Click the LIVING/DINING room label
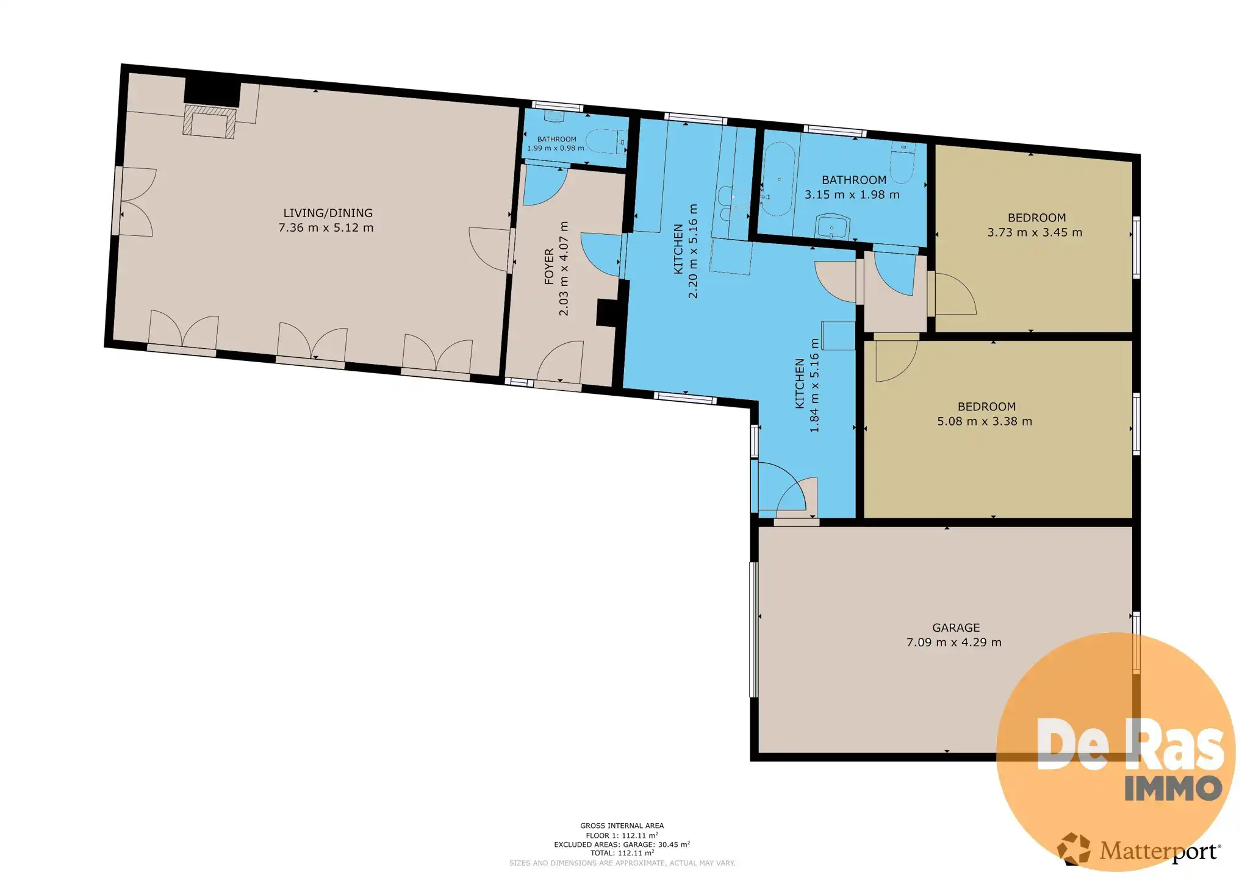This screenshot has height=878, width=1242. (328, 213)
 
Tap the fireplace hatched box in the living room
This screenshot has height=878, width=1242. (209, 121)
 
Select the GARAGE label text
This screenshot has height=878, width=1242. (956, 627)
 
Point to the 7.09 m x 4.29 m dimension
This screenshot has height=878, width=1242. (954, 642)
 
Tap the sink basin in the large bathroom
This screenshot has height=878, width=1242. (833, 226)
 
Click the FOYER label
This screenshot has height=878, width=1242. (549, 266)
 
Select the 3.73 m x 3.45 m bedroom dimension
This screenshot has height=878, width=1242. (1035, 232)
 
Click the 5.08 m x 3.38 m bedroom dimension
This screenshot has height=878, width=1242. (985, 421)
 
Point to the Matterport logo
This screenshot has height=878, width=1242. (1138, 849)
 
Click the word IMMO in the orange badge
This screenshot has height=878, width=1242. (1173, 788)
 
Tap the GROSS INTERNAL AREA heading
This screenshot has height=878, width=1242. (622, 826)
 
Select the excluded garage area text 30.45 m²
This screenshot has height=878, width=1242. (673, 844)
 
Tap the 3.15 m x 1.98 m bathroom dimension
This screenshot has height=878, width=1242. (852, 195)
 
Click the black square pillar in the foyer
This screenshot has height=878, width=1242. (607, 313)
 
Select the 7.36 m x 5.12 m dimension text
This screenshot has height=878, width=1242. (326, 227)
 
